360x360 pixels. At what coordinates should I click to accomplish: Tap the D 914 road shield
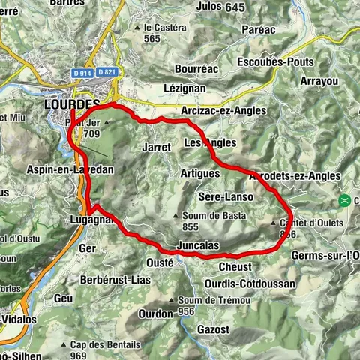[82, 72]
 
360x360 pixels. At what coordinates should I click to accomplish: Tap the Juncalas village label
[196, 245]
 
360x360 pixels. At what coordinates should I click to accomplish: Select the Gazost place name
[211, 329]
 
